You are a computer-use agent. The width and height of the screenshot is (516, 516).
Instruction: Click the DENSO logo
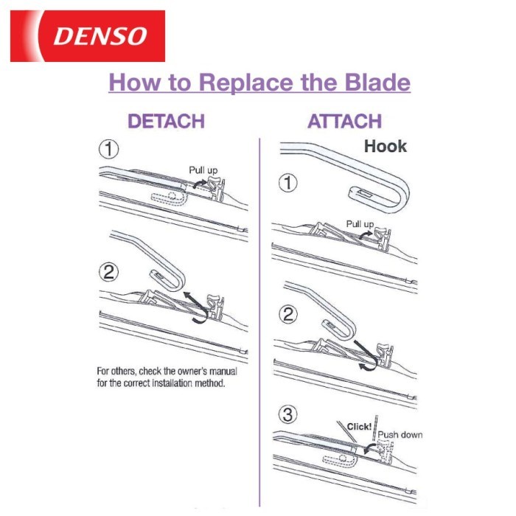[88, 36]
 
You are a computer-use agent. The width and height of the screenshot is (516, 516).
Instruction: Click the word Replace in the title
[245, 83]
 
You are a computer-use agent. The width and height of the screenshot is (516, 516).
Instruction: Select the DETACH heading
[166, 121]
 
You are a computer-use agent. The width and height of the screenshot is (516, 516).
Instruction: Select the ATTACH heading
[344, 121]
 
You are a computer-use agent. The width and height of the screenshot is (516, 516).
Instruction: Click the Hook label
[386, 146]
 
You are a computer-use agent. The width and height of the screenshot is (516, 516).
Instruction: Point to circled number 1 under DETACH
[109, 149]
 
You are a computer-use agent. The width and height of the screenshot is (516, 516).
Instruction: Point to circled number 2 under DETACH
[109, 272]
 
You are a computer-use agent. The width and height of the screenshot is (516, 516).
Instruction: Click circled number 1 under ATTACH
[288, 183]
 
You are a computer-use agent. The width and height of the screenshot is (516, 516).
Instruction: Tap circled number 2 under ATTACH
[288, 314]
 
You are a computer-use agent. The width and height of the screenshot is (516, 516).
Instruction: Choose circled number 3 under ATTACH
[288, 414]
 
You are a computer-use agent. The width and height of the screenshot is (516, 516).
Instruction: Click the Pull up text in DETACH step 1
[203, 170]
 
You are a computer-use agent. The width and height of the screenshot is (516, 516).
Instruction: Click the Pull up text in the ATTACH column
[360, 224]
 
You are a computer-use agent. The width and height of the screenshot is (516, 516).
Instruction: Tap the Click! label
[360, 427]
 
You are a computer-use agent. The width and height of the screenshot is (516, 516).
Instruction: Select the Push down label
[400, 435]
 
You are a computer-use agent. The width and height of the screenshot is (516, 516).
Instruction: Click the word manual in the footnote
[223, 372]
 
